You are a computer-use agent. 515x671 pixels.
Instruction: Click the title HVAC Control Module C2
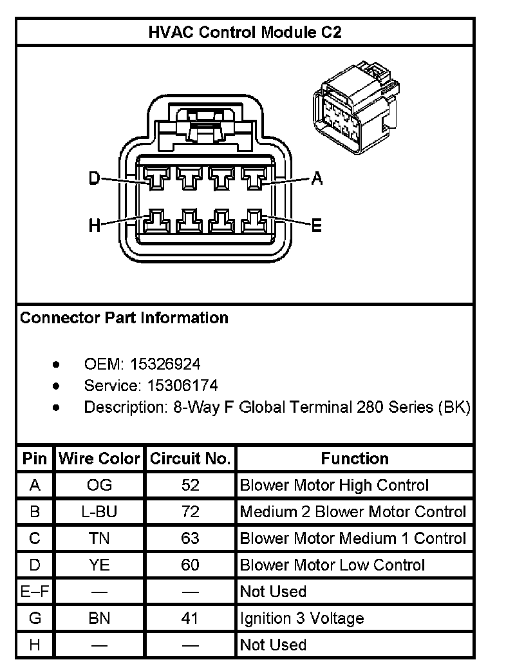[245, 32]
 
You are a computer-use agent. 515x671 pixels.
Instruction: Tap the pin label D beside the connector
[95, 178]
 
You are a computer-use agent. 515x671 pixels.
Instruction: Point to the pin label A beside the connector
[316, 178]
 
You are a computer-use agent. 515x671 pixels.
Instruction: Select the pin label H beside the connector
[95, 225]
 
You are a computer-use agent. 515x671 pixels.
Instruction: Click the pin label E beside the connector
[316, 225]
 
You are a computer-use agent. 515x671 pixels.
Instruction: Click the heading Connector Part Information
[124, 318]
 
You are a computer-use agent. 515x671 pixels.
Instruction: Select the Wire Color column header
[99, 459]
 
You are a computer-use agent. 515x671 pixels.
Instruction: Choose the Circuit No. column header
[190, 459]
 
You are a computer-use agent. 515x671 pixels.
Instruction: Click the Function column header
[355, 459]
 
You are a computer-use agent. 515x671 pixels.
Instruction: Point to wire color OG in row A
[99, 486]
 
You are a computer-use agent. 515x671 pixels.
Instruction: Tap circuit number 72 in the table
[190, 512]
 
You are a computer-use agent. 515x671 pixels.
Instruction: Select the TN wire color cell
[99, 538]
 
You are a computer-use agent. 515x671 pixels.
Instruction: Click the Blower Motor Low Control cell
[332, 565]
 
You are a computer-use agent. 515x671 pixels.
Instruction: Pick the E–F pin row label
[35, 592]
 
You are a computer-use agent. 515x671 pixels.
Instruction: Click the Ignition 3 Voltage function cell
[302, 619]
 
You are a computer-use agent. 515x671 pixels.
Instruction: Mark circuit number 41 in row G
[190, 619]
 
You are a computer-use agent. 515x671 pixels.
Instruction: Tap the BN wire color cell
[99, 619]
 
